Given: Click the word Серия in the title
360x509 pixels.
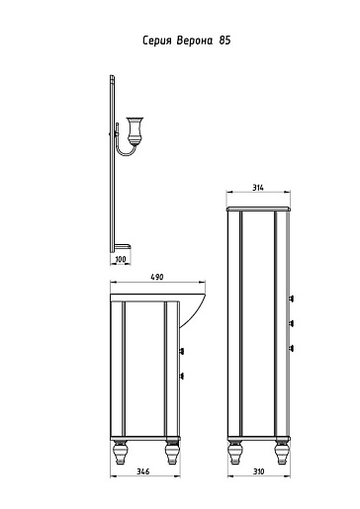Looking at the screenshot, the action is click(157, 41).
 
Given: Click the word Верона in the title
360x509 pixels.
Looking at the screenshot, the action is click(195, 41).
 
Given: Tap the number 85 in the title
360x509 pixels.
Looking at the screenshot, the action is click(225, 41).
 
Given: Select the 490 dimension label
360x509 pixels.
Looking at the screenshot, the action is click(157, 278).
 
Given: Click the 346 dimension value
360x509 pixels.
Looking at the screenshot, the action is click(142, 471).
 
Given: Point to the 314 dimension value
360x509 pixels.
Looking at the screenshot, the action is click(258, 188).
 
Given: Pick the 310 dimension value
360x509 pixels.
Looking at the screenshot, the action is click(259, 471).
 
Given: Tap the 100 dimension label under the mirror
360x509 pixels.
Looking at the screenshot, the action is click(121, 259).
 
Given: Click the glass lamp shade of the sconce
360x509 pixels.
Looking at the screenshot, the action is click(135, 130).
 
